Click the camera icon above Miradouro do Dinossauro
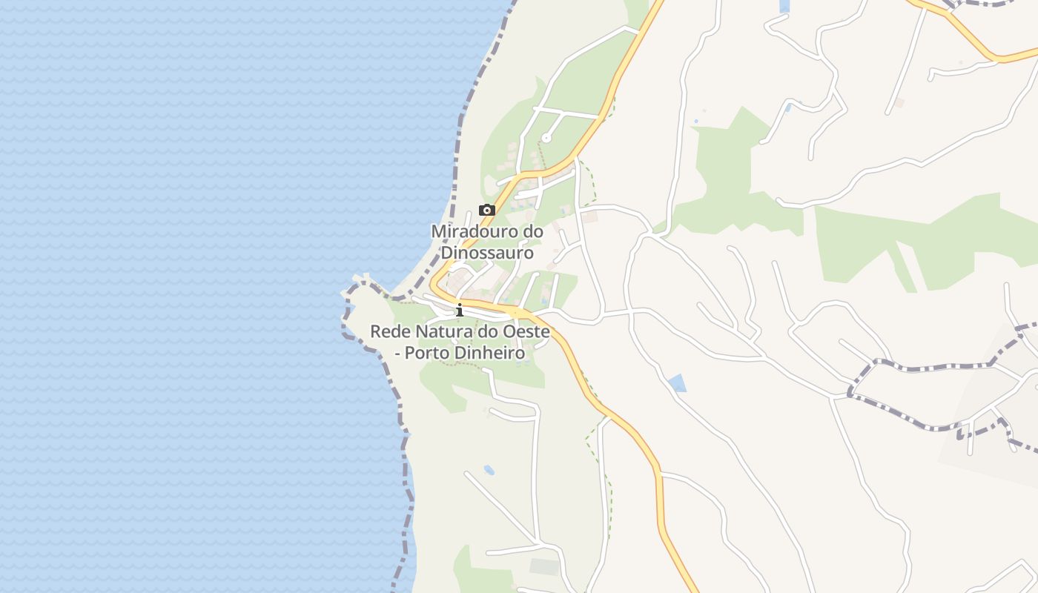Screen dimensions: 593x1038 click(x=486, y=211)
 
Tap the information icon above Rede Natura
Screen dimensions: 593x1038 click(x=460, y=310)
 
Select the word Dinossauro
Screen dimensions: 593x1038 click(x=487, y=253)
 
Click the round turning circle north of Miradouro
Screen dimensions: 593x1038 click(x=546, y=137)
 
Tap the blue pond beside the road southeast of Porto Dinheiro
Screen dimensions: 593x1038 click(x=677, y=383)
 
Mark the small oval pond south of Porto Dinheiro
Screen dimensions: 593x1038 click(x=489, y=470)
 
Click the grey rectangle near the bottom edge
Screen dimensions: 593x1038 click(x=544, y=567)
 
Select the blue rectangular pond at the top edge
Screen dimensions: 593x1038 click(x=784, y=6)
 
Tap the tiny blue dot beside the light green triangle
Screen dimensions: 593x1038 click(x=696, y=121)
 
